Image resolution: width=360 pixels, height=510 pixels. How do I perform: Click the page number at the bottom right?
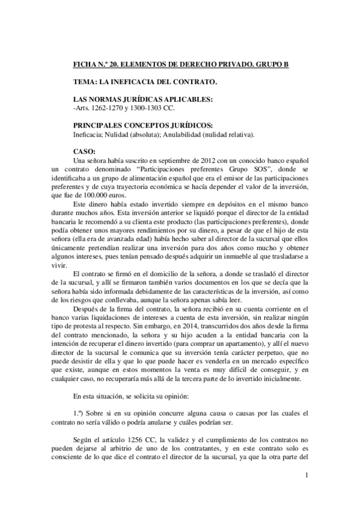(307, 476)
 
